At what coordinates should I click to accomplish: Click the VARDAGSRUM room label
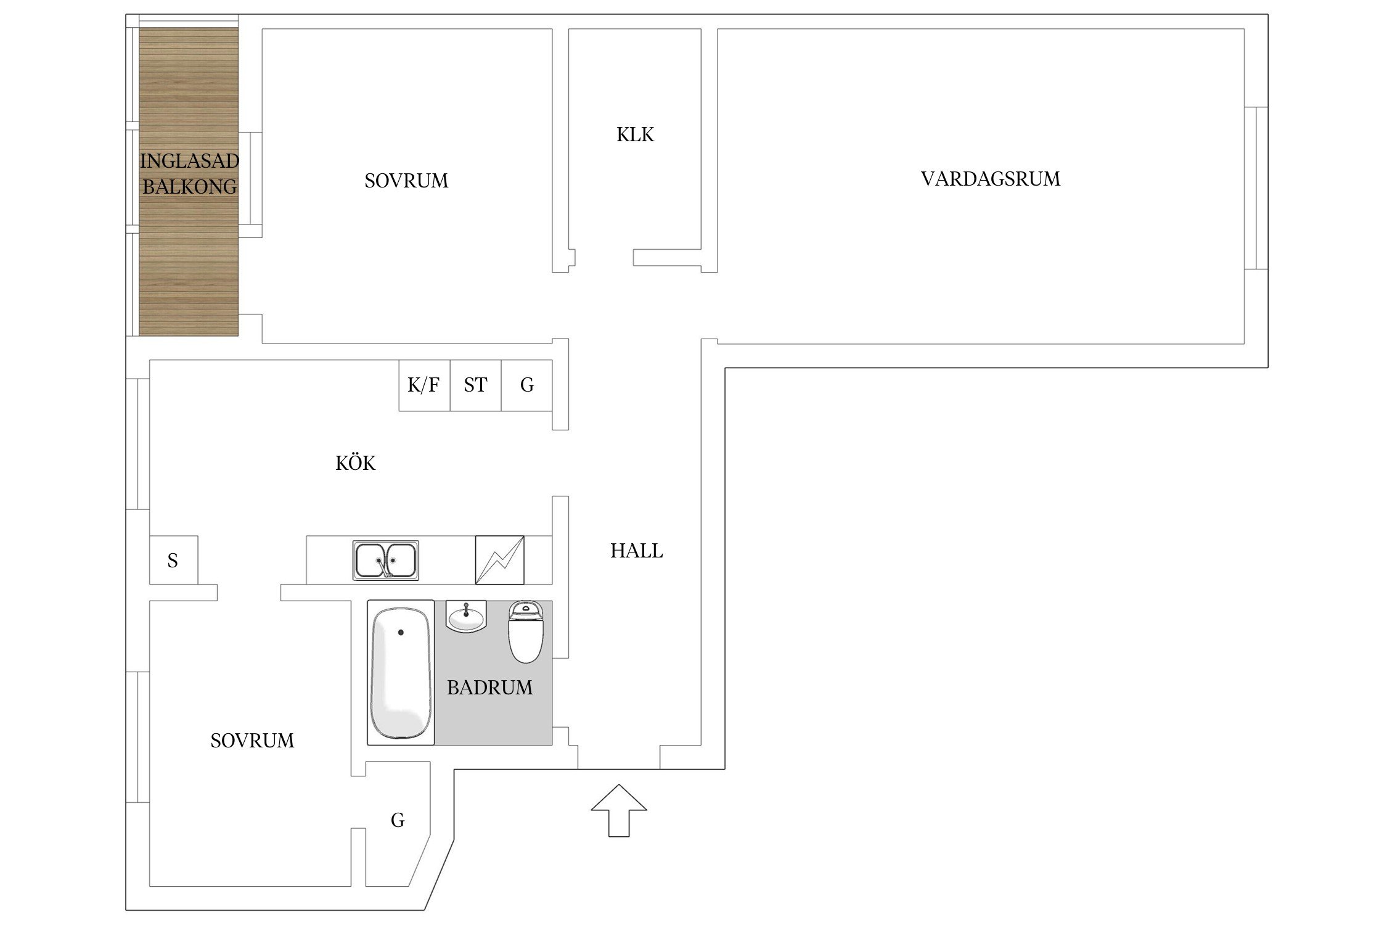pos(990,179)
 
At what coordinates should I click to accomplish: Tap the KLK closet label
pos(635,134)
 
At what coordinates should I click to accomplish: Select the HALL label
pos(636,551)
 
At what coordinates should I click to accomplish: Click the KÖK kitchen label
pos(355,463)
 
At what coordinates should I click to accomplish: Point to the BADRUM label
pos(489,688)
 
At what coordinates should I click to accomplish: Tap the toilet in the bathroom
pos(525,632)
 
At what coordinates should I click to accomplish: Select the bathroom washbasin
pos(467,617)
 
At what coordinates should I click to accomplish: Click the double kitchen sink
pos(386,561)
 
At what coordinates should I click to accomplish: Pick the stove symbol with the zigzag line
pos(499,560)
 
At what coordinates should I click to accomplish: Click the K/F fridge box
pos(423,385)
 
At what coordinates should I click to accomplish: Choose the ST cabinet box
pos(475,385)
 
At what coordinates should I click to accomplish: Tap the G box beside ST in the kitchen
pos(526,385)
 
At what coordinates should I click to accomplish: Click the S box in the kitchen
pos(173,561)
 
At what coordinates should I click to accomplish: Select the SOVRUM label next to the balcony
pos(406,181)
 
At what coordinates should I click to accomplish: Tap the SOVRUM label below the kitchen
pos(252,741)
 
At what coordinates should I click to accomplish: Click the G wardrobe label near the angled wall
pos(398,820)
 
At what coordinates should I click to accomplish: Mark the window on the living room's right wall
pos(1256,188)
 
